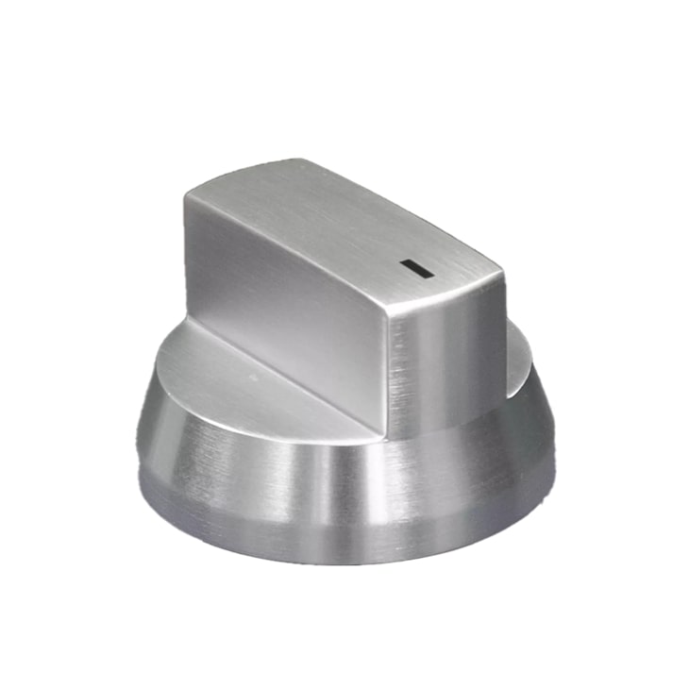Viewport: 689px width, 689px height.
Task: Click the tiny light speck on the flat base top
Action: point(252,375)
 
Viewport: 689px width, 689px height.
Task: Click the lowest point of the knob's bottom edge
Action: point(344,564)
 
